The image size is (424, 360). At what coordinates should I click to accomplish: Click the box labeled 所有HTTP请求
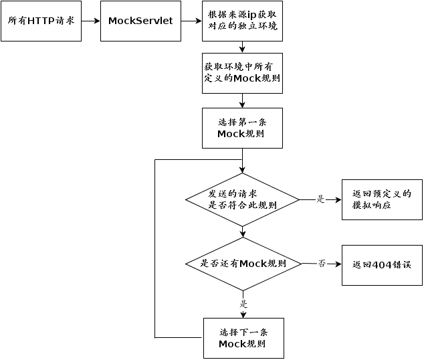(41, 21)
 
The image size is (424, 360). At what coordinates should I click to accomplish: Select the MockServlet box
(140, 21)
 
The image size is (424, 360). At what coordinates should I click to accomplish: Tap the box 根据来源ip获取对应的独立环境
(242, 21)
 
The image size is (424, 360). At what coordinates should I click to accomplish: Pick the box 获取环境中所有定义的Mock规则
(242, 74)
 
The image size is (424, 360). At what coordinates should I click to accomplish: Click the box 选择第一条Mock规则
(242, 128)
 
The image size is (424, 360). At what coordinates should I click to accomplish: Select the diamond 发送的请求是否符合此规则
(242, 199)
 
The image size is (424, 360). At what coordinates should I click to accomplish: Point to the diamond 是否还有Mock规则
(243, 264)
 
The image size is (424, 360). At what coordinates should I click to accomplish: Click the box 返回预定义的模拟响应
(382, 199)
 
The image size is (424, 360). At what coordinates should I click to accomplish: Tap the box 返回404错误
(382, 266)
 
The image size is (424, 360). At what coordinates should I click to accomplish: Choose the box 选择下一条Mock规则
(243, 339)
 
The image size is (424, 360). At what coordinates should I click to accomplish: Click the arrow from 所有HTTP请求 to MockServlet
(91, 21)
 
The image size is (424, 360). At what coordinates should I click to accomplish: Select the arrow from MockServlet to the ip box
(191, 21)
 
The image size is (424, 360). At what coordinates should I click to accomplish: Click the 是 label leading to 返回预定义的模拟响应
(320, 199)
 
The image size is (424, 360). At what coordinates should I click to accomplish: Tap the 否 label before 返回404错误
(322, 263)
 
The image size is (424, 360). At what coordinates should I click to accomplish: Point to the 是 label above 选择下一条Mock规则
(243, 304)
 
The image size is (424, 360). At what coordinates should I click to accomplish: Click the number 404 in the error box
(382, 265)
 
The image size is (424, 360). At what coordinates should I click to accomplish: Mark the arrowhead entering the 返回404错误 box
(338, 264)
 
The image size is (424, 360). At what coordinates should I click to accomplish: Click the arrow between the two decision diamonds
(243, 232)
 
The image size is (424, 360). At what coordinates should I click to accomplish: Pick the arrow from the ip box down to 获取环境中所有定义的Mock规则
(242, 47)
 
